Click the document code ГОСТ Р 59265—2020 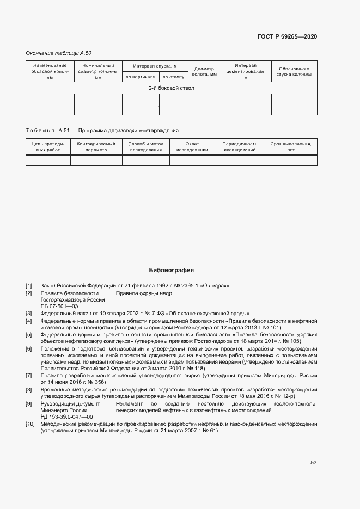[x=286, y=36]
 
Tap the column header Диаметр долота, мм [x=204, y=71]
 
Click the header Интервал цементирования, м [x=246, y=71]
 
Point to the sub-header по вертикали [x=141, y=77]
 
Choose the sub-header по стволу [x=173, y=77]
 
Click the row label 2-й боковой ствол [x=171, y=88]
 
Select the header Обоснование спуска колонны [x=294, y=71]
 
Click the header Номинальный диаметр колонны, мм [x=98, y=71]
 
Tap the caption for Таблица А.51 [x=102, y=131]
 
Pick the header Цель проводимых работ [x=48, y=146]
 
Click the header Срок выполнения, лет [x=290, y=146]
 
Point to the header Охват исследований [x=192, y=146]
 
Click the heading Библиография [x=171, y=270]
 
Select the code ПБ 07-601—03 [x=59, y=306]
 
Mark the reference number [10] [x=29, y=424]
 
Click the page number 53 [x=313, y=463]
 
